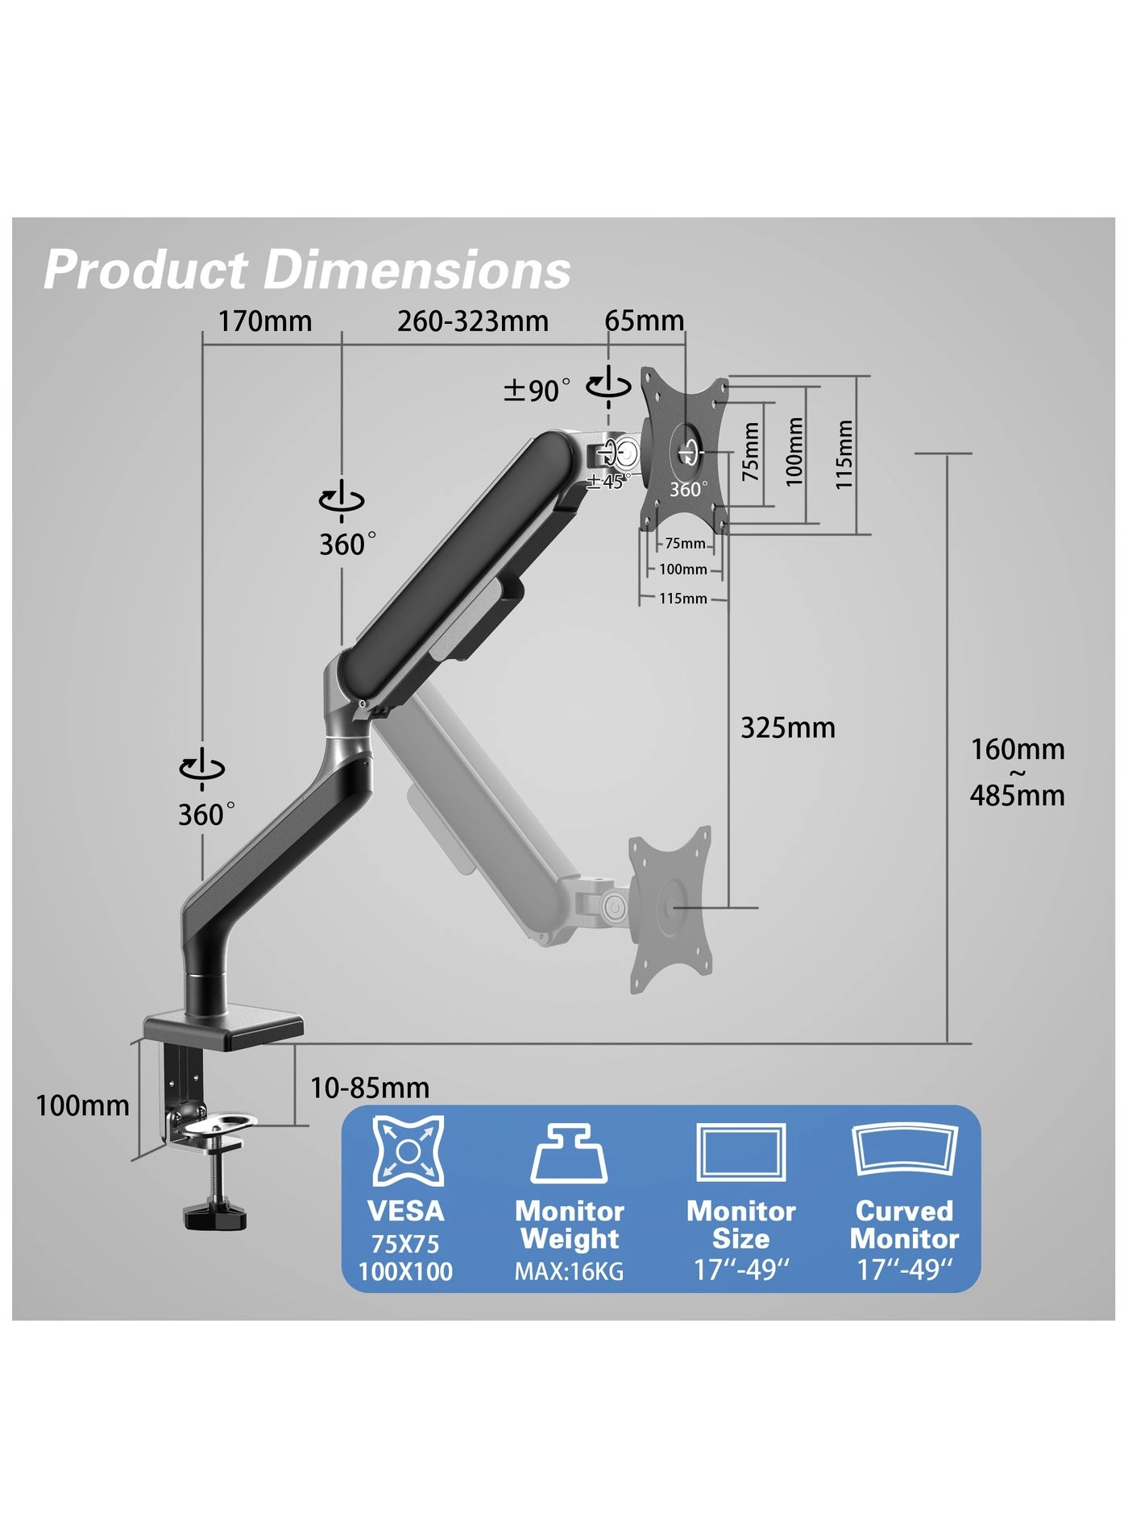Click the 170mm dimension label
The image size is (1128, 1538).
(265, 321)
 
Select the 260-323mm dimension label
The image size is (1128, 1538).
(472, 321)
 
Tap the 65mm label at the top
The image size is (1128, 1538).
(644, 321)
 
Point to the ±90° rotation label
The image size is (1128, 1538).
(537, 391)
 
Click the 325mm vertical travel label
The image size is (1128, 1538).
(787, 728)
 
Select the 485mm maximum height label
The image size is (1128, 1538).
(1017, 796)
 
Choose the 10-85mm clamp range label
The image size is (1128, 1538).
(370, 1088)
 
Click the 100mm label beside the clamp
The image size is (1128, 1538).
(82, 1105)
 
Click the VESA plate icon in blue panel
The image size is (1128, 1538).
(408, 1151)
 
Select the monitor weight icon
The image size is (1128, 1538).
(569, 1154)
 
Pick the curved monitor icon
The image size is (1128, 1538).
(904, 1152)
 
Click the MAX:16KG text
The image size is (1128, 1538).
(569, 1272)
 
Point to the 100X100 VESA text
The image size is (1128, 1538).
(405, 1272)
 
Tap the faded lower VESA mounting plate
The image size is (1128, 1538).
(671, 910)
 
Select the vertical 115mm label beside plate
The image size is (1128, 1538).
(843, 454)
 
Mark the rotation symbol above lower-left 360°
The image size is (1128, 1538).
(201, 767)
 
